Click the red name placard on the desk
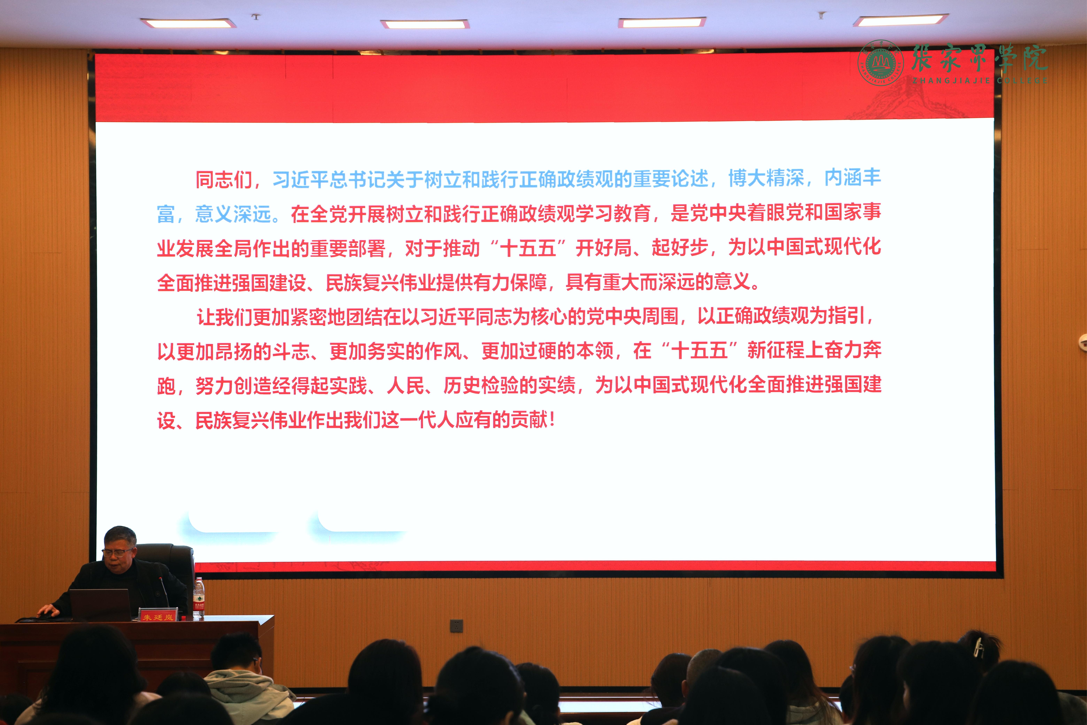pos(158,615)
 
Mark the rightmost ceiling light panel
pos(901,20)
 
